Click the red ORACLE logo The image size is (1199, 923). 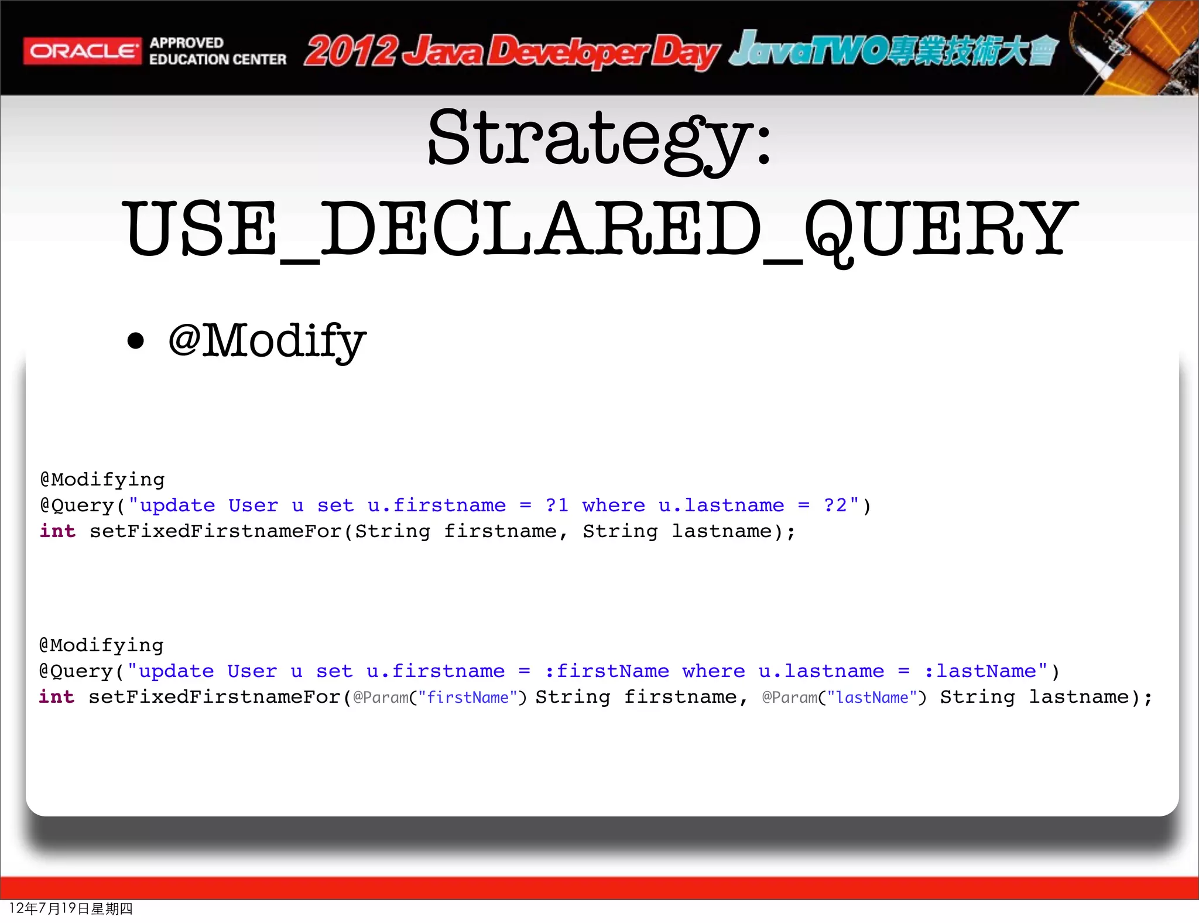82,51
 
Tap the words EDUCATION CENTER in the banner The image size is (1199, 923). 218,60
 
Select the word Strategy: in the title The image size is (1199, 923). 599,139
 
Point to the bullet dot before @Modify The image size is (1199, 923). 135,341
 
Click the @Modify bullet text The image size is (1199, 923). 267,341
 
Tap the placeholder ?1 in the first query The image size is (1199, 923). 557,505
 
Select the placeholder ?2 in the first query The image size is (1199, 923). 835,505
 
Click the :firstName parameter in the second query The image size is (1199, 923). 607,671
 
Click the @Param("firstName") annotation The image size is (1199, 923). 440,698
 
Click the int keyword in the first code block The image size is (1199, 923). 57,531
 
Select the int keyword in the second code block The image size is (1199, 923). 57,697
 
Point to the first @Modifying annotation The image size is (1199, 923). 102,480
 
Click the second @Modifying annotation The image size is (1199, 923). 101,645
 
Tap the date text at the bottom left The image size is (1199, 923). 71,908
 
